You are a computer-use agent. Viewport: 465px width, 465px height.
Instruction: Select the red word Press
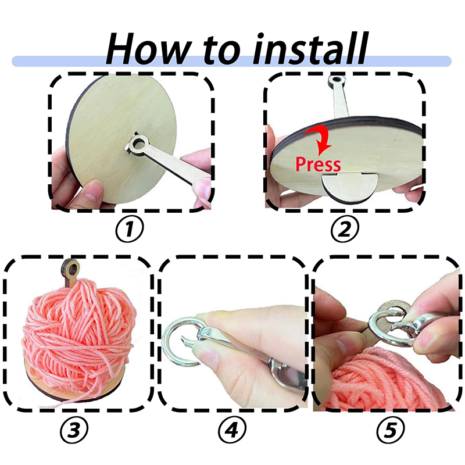click(318, 164)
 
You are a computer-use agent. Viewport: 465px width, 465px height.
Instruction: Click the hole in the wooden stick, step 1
click(138, 145)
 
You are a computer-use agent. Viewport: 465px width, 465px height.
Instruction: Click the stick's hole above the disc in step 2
click(337, 80)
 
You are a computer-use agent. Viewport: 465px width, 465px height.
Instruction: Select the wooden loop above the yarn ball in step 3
click(71, 270)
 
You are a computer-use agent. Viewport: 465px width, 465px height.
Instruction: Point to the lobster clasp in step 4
click(252, 356)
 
